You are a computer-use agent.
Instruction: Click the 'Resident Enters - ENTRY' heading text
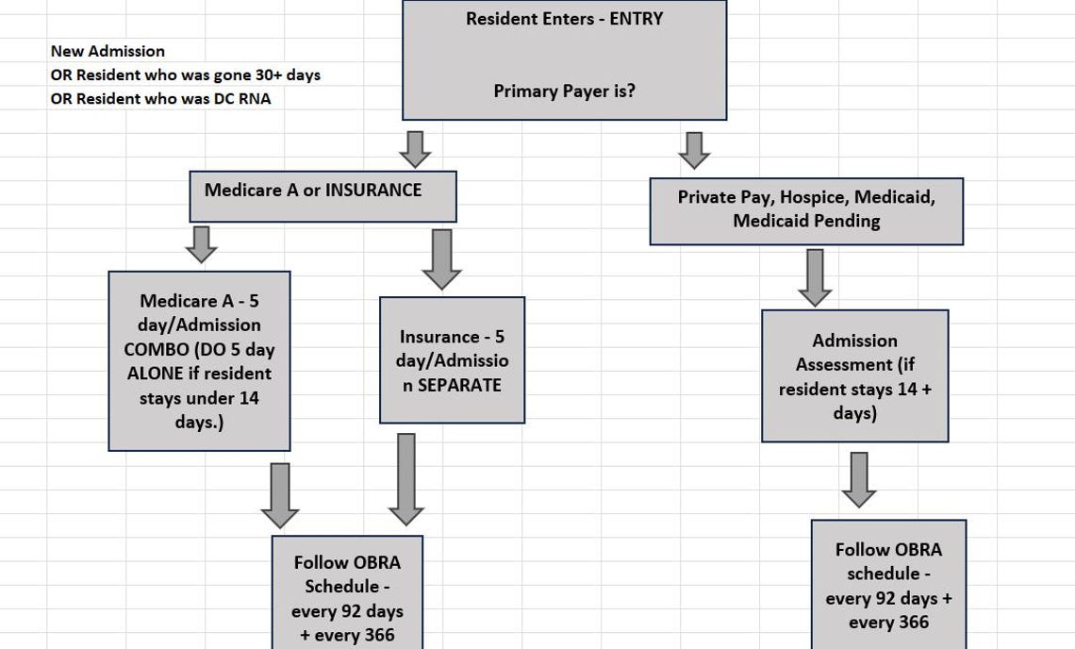click(564, 19)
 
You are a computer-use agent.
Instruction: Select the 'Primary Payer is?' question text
click(564, 92)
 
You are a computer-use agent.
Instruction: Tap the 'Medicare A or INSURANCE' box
click(322, 195)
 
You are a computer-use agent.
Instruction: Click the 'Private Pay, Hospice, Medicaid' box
click(806, 210)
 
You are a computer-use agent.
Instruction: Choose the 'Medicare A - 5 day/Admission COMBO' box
click(199, 360)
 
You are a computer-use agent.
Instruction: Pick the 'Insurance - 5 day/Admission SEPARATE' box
click(452, 360)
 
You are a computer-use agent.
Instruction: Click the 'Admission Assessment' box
click(854, 375)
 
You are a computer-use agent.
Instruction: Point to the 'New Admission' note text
click(107, 51)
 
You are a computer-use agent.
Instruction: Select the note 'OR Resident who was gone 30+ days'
click(185, 75)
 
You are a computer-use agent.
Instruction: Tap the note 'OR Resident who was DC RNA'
click(160, 98)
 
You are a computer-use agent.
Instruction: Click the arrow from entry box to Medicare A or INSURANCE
click(414, 149)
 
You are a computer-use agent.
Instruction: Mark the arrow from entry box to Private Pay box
click(694, 150)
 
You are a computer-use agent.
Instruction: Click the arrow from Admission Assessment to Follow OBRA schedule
click(858, 479)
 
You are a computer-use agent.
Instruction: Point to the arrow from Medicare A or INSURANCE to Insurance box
click(441, 258)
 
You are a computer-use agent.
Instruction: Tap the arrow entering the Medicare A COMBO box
click(201, 243)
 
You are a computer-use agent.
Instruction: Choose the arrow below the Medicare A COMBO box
click(279, 494)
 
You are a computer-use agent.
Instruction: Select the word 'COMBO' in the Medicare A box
click(157, 349)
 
